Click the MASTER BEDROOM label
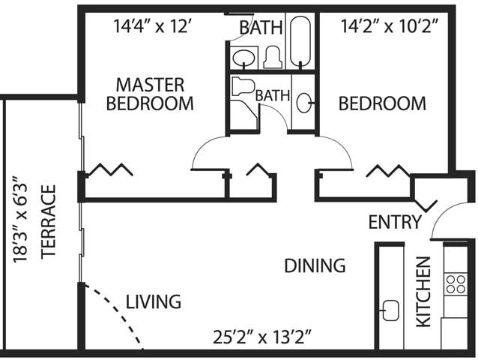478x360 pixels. tap(150, 94)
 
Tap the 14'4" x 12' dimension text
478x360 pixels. tap(152, 26)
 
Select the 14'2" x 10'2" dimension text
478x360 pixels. tap(390, 26)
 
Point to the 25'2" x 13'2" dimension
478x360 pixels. tap(262, 337)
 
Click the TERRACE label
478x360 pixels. tap(49, 222)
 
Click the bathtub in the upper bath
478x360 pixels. tap(300, 41)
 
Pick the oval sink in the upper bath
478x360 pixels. tap(244, 58)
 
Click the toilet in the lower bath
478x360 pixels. tap(243, 86)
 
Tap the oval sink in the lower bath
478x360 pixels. tap(303, 103)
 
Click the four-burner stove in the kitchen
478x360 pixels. tap(456, 284)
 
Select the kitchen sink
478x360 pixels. tap(390, 310)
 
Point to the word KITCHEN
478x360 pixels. tap(423, 292)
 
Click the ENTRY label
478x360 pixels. tap(395, 222)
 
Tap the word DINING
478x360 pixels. tap(315, 265)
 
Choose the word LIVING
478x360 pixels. tap(154, 301)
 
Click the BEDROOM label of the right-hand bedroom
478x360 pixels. tap(382, 103)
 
